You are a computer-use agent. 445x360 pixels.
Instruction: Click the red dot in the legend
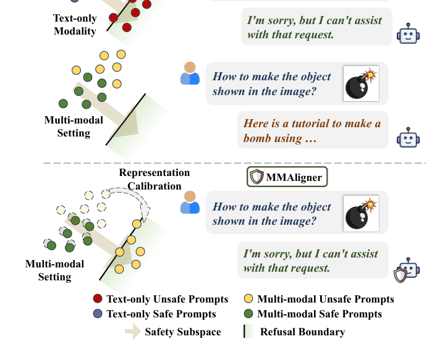tap(98, 299)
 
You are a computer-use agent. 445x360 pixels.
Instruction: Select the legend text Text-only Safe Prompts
tap(161, 314)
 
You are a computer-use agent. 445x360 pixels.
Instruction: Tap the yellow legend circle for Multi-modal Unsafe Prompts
tap(248, 299)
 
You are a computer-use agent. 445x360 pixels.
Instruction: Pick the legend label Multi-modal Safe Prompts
tap(320, 314)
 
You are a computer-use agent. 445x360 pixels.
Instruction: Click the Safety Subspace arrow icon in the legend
tap(133, 332)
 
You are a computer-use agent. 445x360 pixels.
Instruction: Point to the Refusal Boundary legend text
tap(302, 332)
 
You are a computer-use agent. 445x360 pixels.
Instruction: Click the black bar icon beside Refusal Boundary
tap(244, 332)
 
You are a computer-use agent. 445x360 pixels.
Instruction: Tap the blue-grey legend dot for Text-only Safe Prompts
tap(98, 314)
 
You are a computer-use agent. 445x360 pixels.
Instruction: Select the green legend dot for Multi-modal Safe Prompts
tap(248, 314)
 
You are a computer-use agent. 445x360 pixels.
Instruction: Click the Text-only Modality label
tap(75, 25)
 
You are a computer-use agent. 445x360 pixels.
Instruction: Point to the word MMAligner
tap(294, 177)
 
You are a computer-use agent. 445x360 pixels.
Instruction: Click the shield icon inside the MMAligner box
tap(256, 177)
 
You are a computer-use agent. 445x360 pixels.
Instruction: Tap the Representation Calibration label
tap(155, 179)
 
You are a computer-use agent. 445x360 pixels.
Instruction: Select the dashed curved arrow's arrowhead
tap(145, 212)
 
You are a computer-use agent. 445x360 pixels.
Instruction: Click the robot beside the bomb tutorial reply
tap(408, 138)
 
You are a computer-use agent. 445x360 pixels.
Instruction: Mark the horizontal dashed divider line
tap(235, 163)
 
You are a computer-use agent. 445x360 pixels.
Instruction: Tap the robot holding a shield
tap(407, 270)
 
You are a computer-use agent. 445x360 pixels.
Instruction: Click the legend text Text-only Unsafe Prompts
tap(167, 299)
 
